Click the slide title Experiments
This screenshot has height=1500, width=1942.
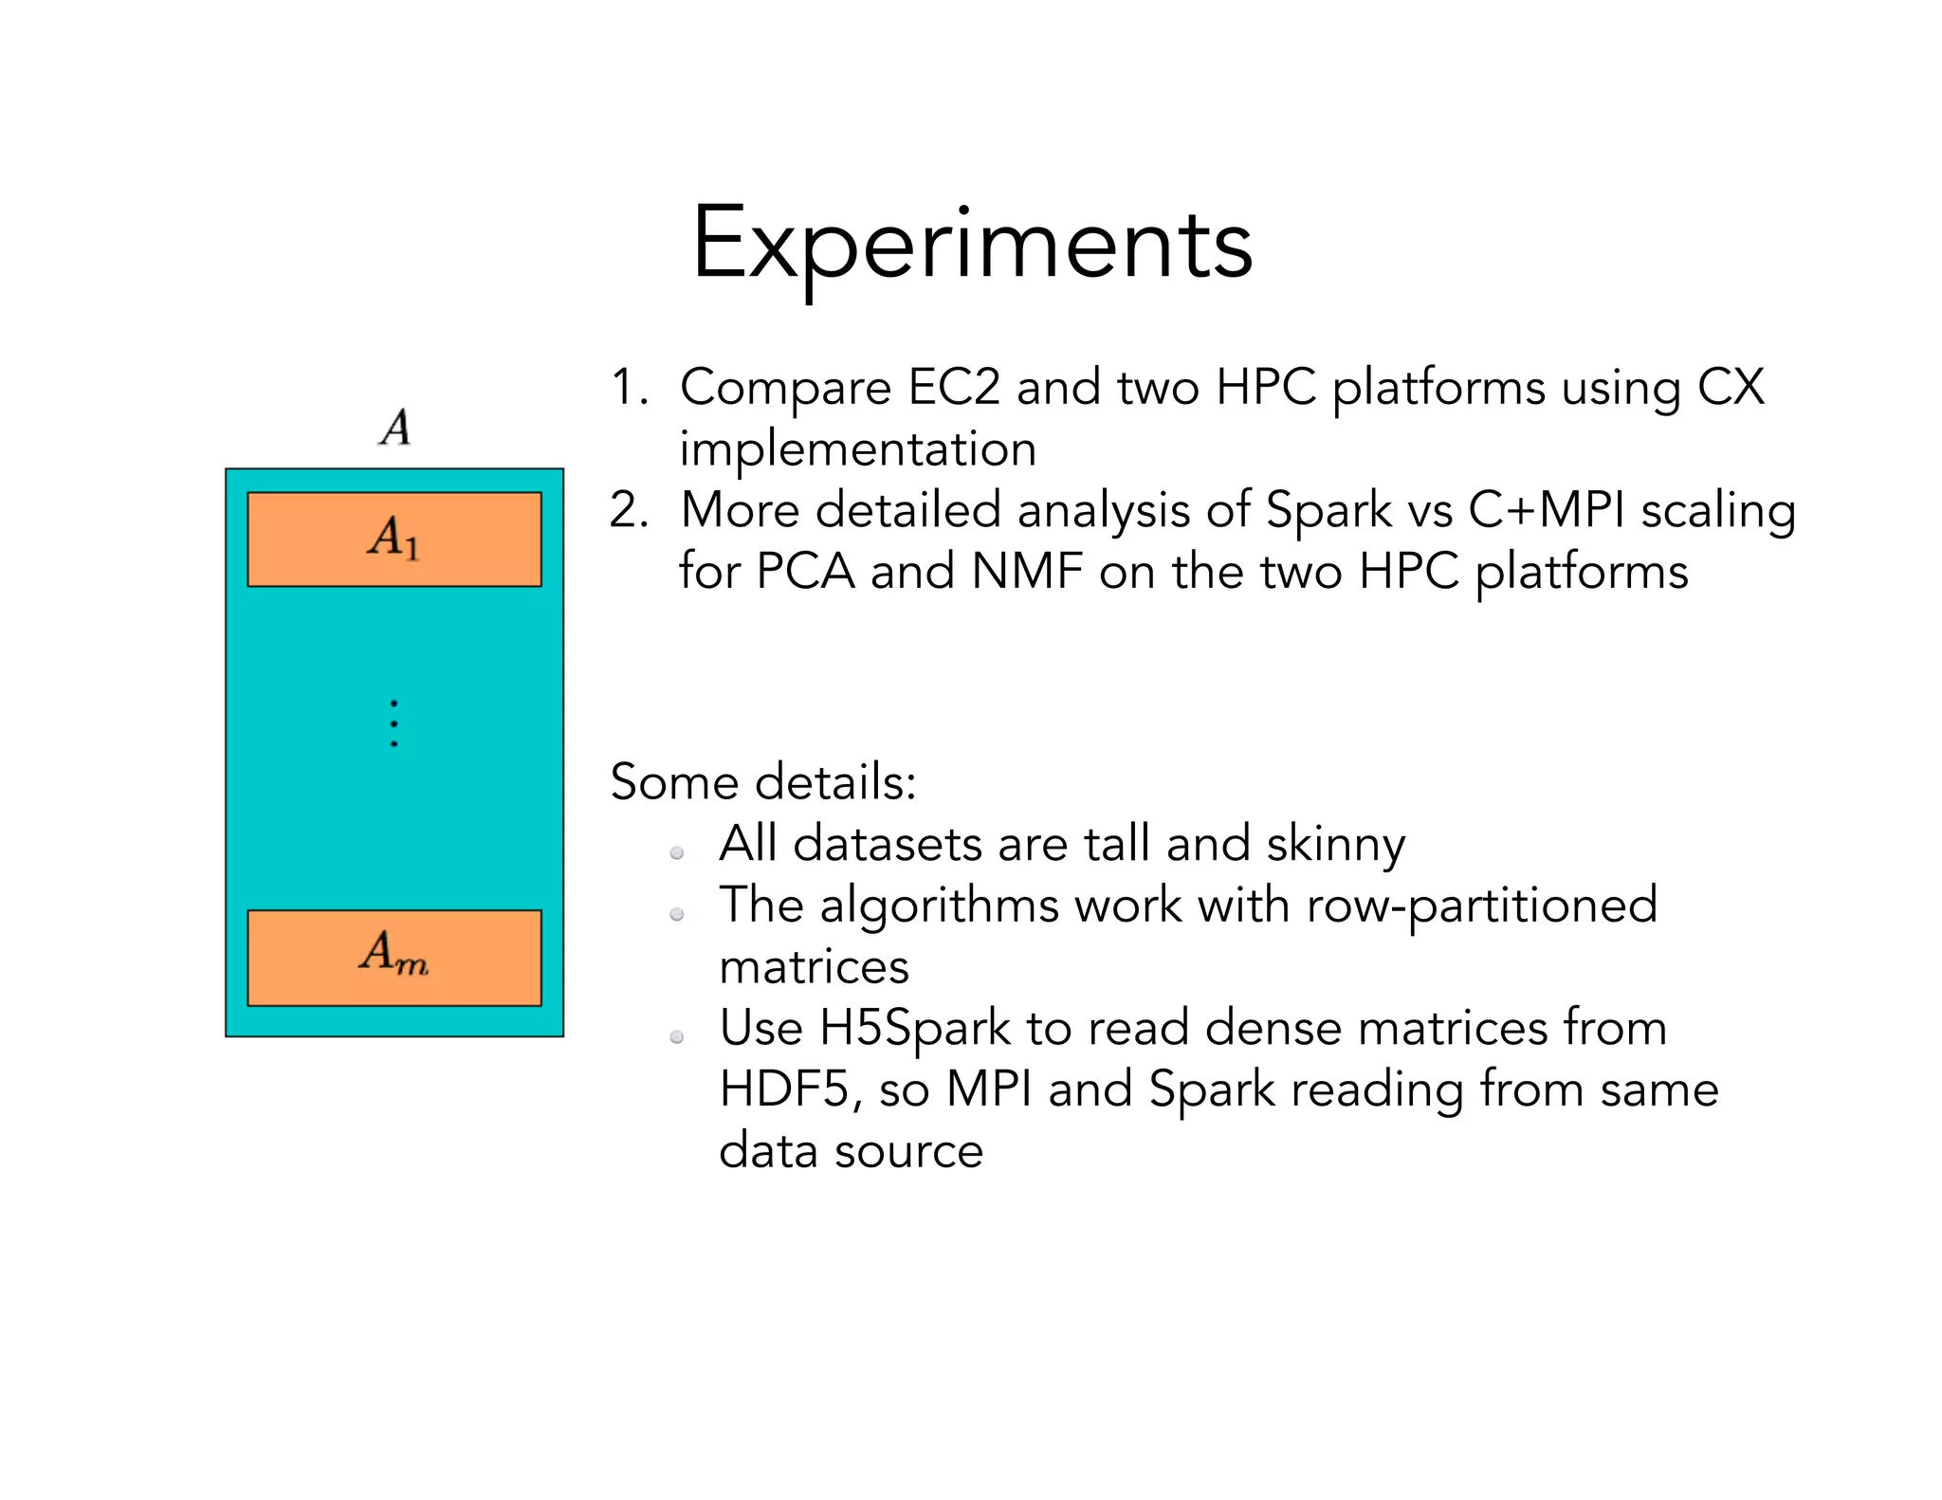coord(972,245)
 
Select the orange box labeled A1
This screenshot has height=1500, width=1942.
coord(394,539)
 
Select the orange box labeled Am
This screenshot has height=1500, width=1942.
coord(394,957)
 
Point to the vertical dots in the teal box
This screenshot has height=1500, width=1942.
coord(394,723)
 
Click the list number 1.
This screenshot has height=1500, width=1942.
coord(628,387)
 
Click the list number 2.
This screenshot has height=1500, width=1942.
coord(629,510)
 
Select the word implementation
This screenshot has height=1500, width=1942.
coord(858,448)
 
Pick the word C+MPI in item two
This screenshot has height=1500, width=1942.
coord(1547,510)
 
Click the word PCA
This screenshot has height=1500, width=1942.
coord(805,572)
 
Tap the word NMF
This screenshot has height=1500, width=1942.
coord(1027,572)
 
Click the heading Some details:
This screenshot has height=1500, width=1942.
coord(763,782)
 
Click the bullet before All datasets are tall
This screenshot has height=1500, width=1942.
coord(677,852)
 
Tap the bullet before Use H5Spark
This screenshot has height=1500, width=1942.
coord(677,1036)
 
